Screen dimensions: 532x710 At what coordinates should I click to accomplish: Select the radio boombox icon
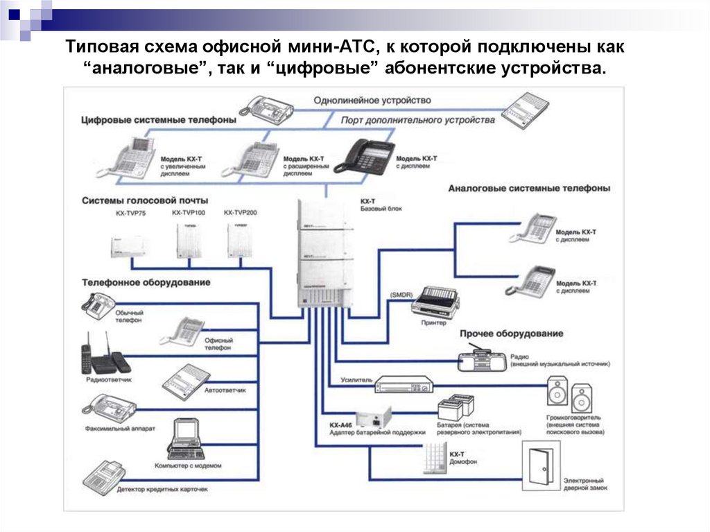pyautogui.click(x=483, y=359)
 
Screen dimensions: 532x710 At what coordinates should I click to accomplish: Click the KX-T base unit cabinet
pyautogui.click(x=324, y=253)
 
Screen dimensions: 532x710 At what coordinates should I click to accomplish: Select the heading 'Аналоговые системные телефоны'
pyautogui.click(x=529, y=188)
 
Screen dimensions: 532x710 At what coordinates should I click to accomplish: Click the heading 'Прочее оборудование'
pyautogui.click(x=511, y=334)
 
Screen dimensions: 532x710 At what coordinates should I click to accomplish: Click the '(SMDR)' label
pyautogui.click(x=400, y=295)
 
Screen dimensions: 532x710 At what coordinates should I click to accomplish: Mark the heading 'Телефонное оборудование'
pyautogui.click(x=146, y=282)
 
